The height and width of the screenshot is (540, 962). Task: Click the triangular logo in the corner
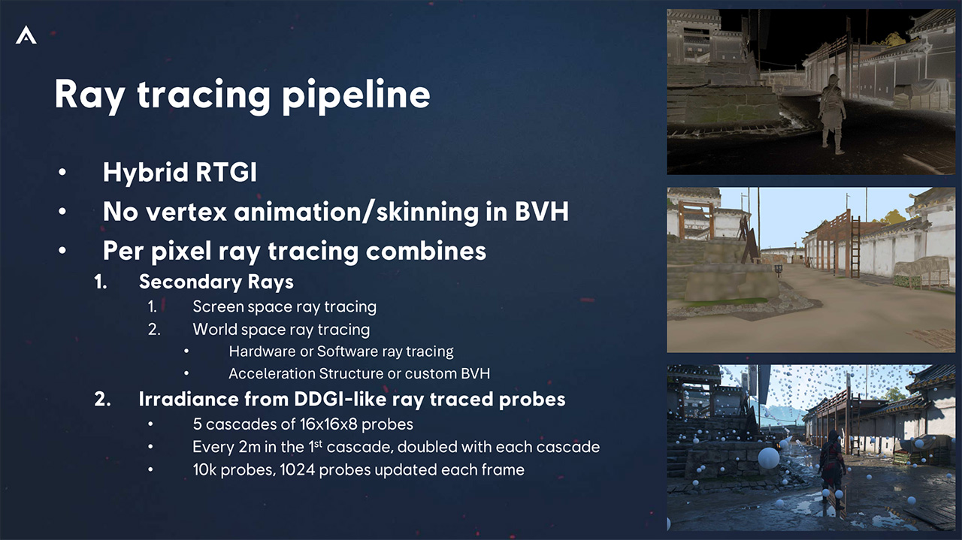point(26,35)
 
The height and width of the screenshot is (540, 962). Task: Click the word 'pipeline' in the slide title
point(356,95)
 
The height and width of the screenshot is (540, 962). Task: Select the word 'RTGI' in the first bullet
point(226,172)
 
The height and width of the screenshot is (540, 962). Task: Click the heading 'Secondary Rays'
point(216,282)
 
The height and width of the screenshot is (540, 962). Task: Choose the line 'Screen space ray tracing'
point(284,307)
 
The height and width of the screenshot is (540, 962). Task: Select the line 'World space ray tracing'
point(281,330)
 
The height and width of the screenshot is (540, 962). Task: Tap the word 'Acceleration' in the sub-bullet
point(272,374)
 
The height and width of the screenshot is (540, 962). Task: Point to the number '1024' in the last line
point(297,469)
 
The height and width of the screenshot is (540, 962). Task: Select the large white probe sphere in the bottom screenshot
point(768,457)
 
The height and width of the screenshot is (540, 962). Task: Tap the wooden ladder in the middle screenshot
point(855,248)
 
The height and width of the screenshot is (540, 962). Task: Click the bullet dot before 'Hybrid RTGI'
point(62,173)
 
